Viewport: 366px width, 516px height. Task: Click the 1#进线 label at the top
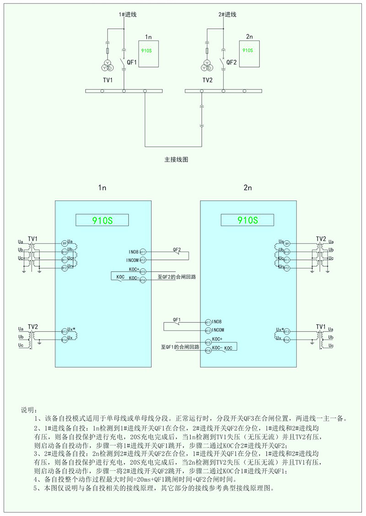point(129,15)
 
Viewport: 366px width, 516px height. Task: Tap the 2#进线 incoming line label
point(227,15)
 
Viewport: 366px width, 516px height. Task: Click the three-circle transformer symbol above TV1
point(107,67)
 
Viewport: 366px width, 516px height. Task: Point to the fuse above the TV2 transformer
point(207,51)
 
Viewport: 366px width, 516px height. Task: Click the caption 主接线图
point(176,160)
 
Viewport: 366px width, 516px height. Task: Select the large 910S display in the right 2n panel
point(248,221)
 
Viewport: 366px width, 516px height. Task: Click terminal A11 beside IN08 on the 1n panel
point(142,252)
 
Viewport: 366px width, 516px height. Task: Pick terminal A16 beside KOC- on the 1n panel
point(142,279)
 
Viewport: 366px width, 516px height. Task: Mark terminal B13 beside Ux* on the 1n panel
point(65,331)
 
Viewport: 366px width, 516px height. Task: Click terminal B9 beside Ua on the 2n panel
point(287,244)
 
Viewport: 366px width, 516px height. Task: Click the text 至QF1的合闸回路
point(181,347)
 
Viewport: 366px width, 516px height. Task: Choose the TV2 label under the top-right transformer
point(208,79)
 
